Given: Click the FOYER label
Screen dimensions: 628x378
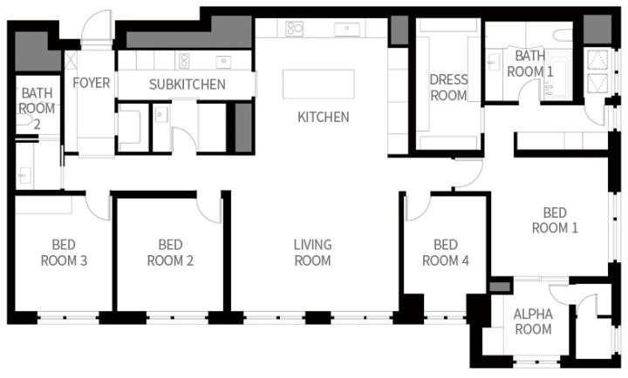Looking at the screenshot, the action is [92, 83].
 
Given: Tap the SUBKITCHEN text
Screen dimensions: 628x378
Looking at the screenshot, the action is [187, 84].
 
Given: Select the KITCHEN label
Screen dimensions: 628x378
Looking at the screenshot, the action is [324, 117].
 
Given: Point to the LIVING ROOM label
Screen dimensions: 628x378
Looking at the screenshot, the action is [312, 253].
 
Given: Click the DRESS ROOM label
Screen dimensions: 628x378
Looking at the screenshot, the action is [448, 88].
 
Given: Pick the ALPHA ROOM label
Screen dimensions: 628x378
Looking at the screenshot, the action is [533, 321].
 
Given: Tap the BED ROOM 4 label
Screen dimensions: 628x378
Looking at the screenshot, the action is [446, 253].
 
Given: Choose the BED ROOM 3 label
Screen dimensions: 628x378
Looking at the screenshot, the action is [64, 253].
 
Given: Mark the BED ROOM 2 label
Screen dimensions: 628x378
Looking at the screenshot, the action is [170, 253].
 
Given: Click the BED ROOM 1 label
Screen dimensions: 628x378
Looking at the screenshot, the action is [555, 220].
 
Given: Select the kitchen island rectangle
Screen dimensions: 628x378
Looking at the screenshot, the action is [318, 84].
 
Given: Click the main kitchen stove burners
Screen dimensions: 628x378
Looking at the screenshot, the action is [295, 29].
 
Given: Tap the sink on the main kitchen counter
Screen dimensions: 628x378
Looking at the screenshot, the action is [347, 29].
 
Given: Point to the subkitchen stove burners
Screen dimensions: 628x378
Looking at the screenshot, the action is [184, 61].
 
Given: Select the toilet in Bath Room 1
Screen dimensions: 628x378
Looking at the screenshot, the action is [563, 35].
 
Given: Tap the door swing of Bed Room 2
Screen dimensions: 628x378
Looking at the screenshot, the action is [209, 206].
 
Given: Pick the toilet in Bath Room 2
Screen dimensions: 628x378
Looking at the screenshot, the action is [24, 119].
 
